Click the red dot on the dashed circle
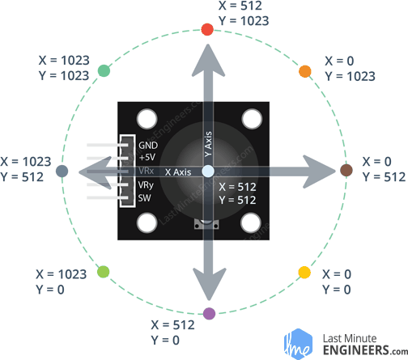(206, 30)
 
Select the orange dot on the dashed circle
(305, 71)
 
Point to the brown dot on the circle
(346, 170)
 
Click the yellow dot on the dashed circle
(304, 272)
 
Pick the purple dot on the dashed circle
(210, 312)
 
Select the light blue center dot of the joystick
(207, 171)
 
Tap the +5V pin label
(147, 157)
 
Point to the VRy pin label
(148, 184)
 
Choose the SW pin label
(146, 198)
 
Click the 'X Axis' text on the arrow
(178, 172)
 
